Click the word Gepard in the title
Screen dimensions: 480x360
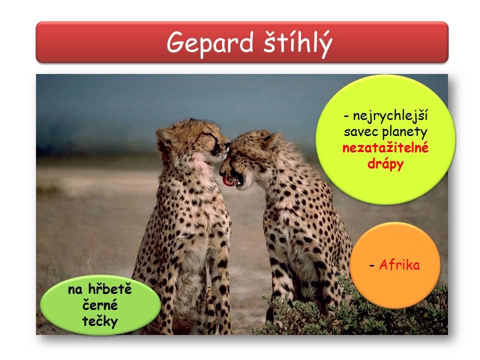coord(210,43)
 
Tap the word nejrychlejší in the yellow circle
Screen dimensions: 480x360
coord(390,116)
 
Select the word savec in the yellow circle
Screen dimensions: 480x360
coord(362,132)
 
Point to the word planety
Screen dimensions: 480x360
coord(404,132)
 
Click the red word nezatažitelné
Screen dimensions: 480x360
coord(385,148)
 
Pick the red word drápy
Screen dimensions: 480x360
coord(385,164)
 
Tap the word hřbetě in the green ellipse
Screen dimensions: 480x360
coord(110,289)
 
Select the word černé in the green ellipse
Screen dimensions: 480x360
coord(100,305)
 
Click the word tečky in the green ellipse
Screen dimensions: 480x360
coord(100,321)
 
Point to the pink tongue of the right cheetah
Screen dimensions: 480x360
coord(228,181)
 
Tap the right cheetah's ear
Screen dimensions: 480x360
coord(273,139)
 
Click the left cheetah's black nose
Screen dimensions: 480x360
coord(227,144)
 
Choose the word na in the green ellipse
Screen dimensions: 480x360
coord(75,290)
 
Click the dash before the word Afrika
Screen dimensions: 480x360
coord(372,265)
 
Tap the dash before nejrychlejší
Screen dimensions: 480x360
coord(346,116)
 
